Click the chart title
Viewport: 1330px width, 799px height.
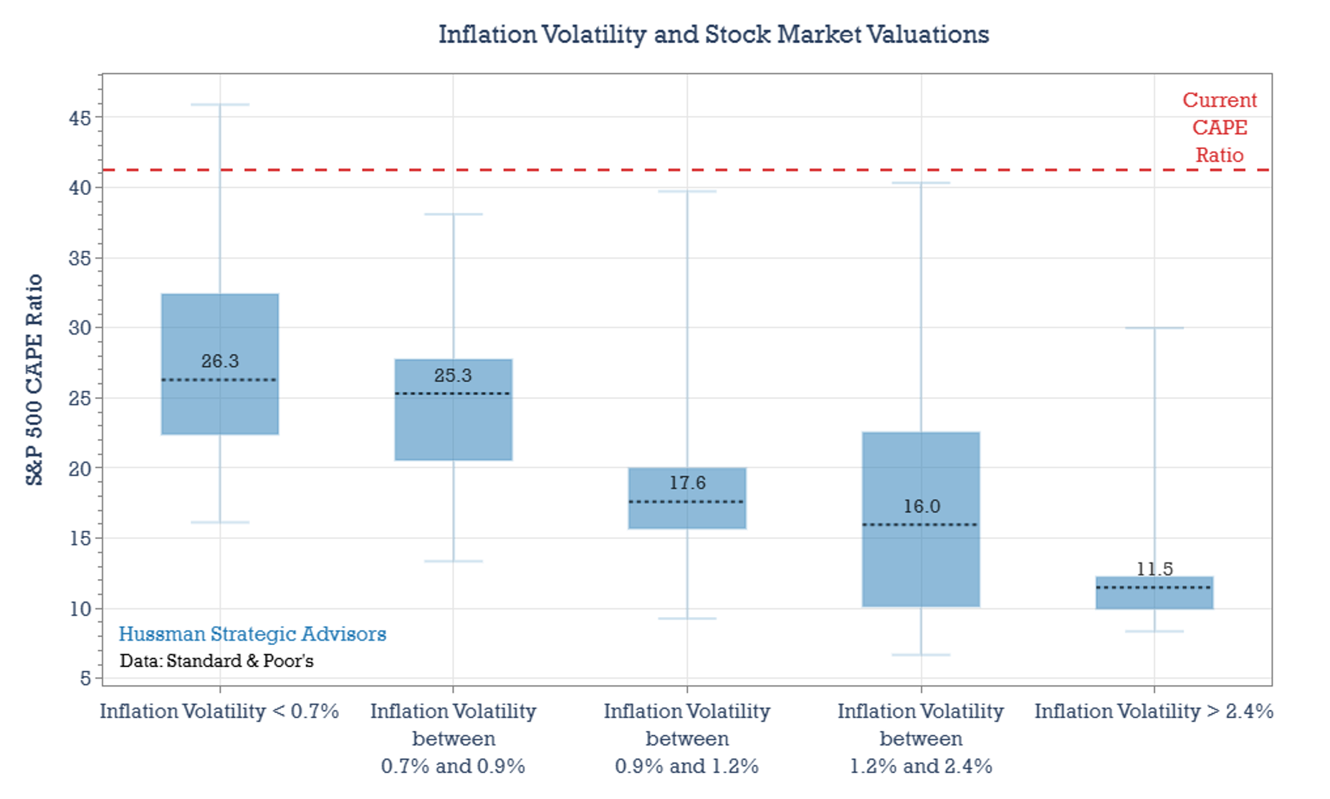[x=713, y=34]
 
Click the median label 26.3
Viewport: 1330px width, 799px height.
[x=220, y=361]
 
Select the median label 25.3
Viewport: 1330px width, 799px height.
[x=453, y=375]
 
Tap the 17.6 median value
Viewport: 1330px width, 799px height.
[x=687, y=483]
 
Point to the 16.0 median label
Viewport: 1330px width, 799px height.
[x=921, y=507]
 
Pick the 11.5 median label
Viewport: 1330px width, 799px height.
[x=1154, y=569]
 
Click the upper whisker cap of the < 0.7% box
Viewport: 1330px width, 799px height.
[x=220, y=105]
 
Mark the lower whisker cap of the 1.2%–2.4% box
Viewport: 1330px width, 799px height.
[x=921, y=655]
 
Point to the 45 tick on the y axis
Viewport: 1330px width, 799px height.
[x=80, y=118]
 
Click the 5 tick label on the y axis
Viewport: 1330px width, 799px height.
[x=85, y=678]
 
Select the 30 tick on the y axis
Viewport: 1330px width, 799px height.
[x=80, y=328]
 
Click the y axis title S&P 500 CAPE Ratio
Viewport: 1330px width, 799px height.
[x=34, y=380]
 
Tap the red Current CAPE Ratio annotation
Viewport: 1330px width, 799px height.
[x=1219, y=128]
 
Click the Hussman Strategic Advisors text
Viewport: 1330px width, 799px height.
[x=252, y=634]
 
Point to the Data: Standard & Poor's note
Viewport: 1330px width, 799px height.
[x=216, y=661]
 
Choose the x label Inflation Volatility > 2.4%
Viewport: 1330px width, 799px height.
[x=1154, y=712]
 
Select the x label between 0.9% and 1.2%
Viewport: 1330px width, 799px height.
[x=686, y=739]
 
